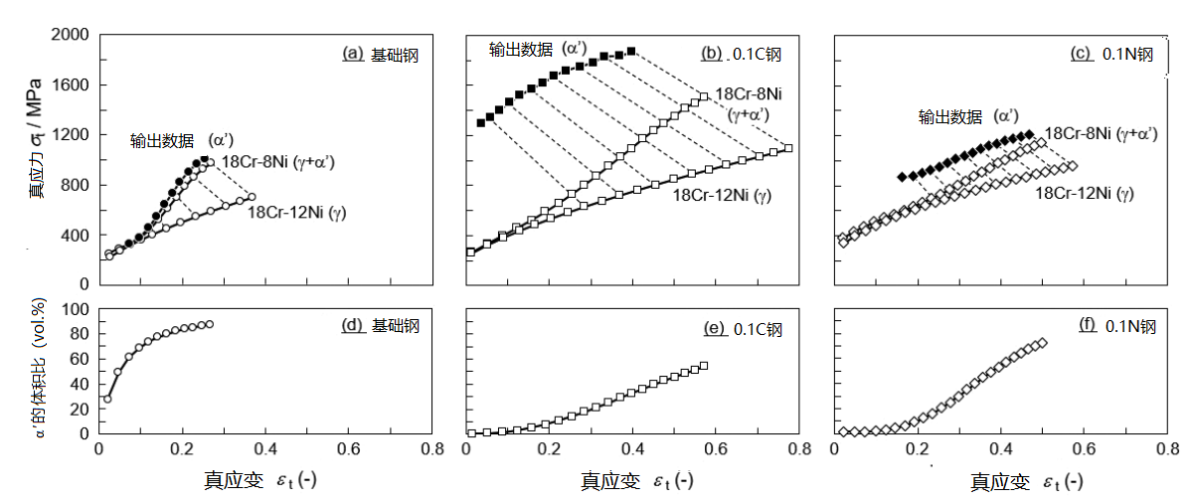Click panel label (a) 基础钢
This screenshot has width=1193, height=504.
point(380,55)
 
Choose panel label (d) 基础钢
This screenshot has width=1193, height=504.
point(380,325)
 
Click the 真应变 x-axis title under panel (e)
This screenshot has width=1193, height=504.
point(636,481)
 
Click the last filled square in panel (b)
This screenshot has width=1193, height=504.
point(631,51)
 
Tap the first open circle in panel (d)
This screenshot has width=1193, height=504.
point(107,399)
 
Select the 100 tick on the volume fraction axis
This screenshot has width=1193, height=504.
point(75,309)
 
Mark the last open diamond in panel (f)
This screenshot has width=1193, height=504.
point(1042,344)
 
